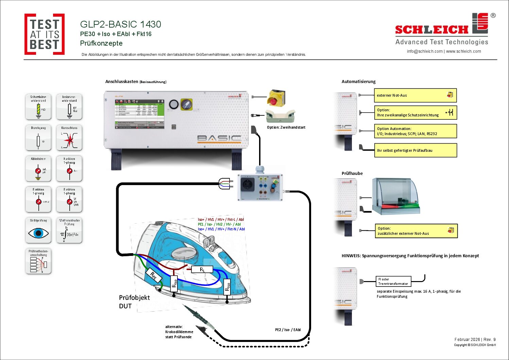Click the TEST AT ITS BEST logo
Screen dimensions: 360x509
(x=45, y=34)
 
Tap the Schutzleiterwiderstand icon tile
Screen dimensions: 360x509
(x=38, y=107)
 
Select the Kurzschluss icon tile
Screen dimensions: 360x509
(x=69, y=138)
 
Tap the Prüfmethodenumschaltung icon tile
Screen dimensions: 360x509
(x=38, y=261)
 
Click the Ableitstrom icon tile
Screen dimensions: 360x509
(x=38, y=169)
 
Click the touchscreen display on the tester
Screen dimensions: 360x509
(x=139, y=114)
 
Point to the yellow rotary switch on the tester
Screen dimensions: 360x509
(x=186, y=104)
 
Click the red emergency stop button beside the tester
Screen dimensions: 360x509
(x=274, y=101)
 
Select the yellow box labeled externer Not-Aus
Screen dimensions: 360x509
(x=415, y=95)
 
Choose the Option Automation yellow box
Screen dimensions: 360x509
(x=415, y=131)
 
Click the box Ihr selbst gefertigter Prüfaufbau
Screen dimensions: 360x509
(x=415, y=150)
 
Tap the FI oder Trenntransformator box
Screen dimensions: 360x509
(x=393, y=281)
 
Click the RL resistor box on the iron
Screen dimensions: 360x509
(x=202, y=269)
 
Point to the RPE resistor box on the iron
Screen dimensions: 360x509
(x=153, y=276)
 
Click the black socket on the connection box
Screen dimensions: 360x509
(x=248, y=185)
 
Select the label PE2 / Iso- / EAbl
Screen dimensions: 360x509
(x=288, y=330)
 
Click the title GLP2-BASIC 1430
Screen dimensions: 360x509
(x=120, y=24)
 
